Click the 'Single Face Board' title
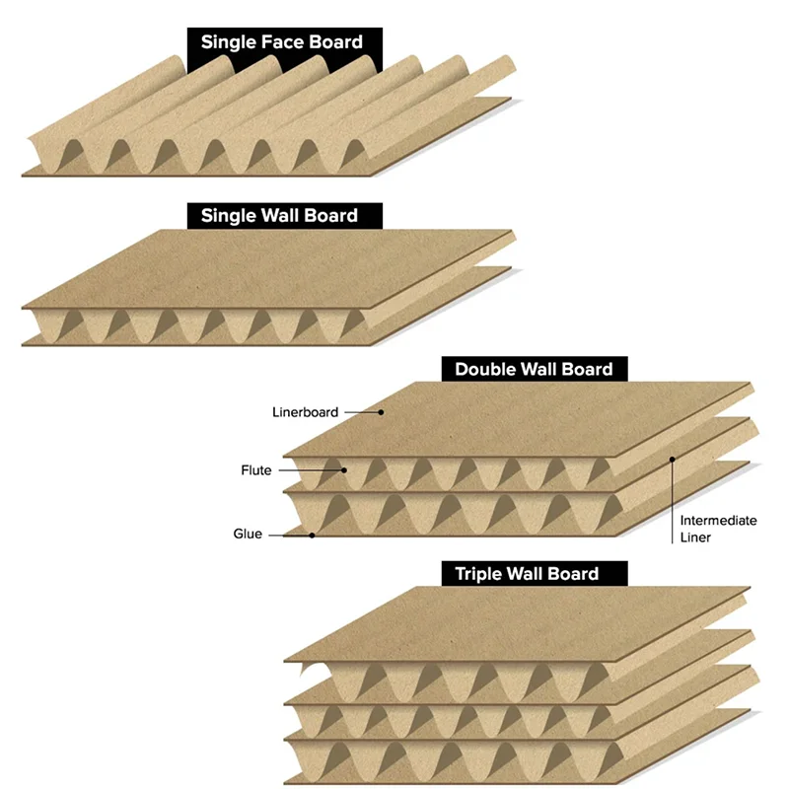click(x=282, y=42)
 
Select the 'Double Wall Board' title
click(x=534, y=370)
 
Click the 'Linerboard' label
click(x=306, y=412)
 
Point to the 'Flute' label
click(x=256, y=470)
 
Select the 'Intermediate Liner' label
click(x=718, y=529)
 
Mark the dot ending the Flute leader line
click(x=344, y=470)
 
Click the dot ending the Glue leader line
click(x=313, y=536)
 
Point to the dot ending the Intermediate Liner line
click(x=673, y=458)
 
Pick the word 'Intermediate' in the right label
click(x=718, y=520)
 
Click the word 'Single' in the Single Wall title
click(x=228, y=215)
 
